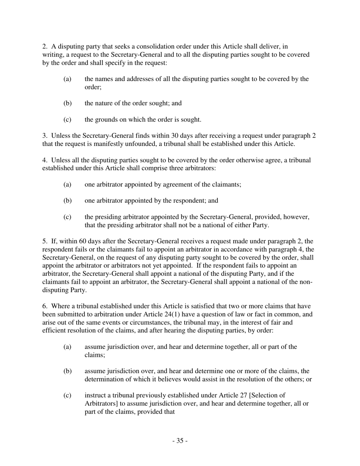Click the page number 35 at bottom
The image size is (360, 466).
[x=180, y=441]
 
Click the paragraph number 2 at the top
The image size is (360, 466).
[x=44, y=47]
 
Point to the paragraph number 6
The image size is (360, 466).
[x=44, y=306]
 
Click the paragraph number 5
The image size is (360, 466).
[x=44, y=241]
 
